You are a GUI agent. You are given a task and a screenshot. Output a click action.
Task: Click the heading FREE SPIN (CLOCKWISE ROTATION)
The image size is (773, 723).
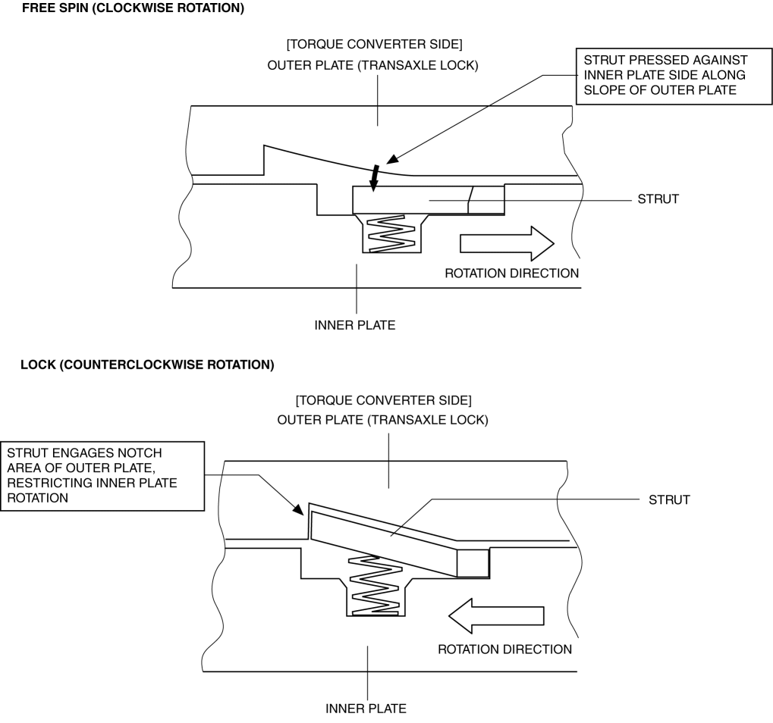[133, 8]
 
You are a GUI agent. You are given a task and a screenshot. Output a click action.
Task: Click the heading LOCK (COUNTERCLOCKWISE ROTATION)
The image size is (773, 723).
[147, 365]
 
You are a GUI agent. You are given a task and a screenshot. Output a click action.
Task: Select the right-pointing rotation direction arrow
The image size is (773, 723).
[507, 243]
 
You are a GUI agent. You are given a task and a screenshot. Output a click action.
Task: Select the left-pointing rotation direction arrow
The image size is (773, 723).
[496, 615]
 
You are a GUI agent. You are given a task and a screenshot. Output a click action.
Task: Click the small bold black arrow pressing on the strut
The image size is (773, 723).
[375, 178]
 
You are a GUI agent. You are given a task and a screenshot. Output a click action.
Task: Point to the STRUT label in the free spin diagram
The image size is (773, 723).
[658, 199]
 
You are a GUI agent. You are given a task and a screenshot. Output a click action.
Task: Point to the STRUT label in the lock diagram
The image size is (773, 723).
[669, 500]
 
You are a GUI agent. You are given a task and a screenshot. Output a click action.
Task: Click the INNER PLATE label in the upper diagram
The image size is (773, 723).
[355, 325]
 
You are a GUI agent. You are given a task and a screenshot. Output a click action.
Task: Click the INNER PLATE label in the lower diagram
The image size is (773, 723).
[366, 709]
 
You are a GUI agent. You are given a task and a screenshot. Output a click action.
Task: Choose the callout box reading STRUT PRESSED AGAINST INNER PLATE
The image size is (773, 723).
[674, 77]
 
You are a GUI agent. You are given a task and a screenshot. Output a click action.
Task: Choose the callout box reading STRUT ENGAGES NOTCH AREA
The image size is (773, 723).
[102, 476]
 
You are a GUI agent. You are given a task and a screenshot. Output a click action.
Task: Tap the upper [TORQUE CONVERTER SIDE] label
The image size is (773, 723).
[374, 44]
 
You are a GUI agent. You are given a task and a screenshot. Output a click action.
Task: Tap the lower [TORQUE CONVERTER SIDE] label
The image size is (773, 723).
[384, 400]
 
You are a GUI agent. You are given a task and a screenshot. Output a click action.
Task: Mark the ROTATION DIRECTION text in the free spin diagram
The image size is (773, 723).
[512, 274]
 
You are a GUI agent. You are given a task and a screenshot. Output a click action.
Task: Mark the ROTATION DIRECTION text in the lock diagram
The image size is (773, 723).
[504, 649]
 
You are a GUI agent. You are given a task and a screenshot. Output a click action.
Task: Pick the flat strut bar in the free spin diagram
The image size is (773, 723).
[429, 200]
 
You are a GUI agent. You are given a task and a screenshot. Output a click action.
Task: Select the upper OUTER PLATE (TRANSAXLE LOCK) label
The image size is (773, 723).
[372, 65]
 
